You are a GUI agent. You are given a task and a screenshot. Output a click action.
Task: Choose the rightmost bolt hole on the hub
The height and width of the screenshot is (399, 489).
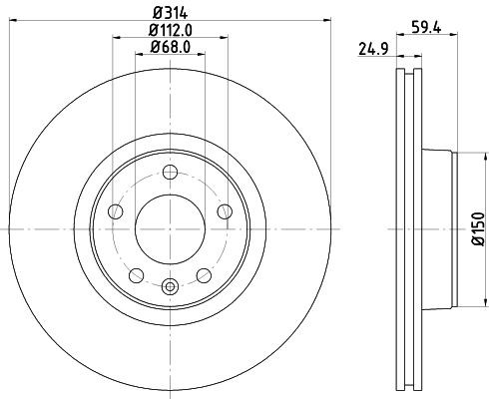click(x=225, y=210)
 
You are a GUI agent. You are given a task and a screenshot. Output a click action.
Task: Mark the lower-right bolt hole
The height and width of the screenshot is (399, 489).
click(x=204, y=274)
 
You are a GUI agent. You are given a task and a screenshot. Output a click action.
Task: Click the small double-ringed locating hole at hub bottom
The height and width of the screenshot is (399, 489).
click(x=170, y=287)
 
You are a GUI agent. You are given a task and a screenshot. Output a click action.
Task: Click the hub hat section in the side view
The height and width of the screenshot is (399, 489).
click(x=439, y=228)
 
